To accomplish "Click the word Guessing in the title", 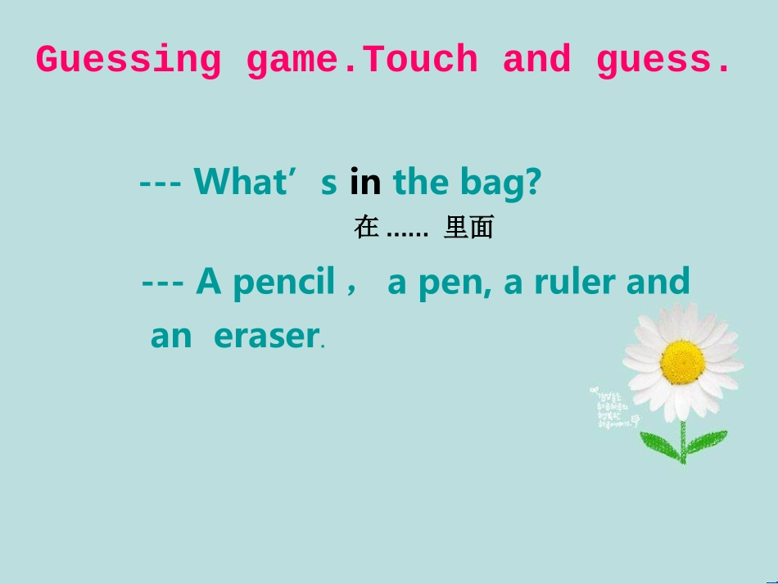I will click(128, 61).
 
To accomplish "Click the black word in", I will click(365, 182).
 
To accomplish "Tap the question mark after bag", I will click(532, 182).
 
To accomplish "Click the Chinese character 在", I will click(366, 228).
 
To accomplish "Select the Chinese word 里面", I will click(468, 228).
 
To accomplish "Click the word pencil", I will click(284, 283).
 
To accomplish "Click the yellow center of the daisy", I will click(682, 361).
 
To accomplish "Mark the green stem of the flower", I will click(682, 438).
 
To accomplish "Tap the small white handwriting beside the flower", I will click(613, 408).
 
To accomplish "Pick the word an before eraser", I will click(170, 336).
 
